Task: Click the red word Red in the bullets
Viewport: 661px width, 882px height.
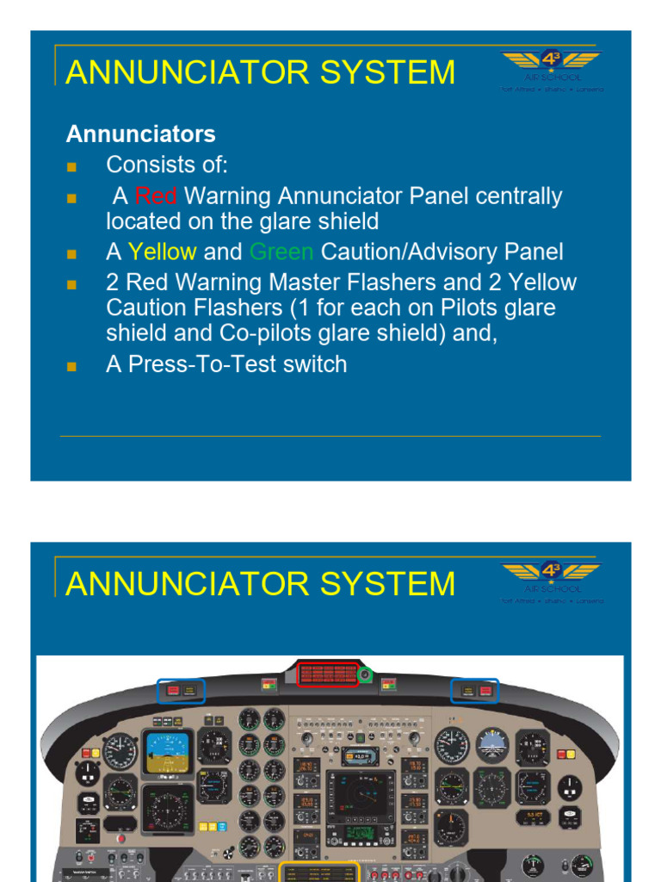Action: pos(156,196)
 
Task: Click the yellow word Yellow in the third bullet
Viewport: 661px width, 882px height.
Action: pos(162,252)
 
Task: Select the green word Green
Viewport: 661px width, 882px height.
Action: pos(281,252)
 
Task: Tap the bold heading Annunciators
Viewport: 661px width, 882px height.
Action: pos(141,134)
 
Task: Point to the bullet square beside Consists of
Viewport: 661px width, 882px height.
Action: pos(71,165)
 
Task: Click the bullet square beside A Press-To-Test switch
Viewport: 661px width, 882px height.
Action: pos(71,366)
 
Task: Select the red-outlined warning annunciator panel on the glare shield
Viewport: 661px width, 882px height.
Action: pos(327,674)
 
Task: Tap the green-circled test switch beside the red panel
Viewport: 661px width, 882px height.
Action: pos(366,675)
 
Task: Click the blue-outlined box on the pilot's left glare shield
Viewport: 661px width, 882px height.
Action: pos(181,691)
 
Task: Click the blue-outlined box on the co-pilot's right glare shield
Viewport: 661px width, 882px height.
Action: pos(474,691)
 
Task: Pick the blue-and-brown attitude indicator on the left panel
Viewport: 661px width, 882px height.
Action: pos(168,751)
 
